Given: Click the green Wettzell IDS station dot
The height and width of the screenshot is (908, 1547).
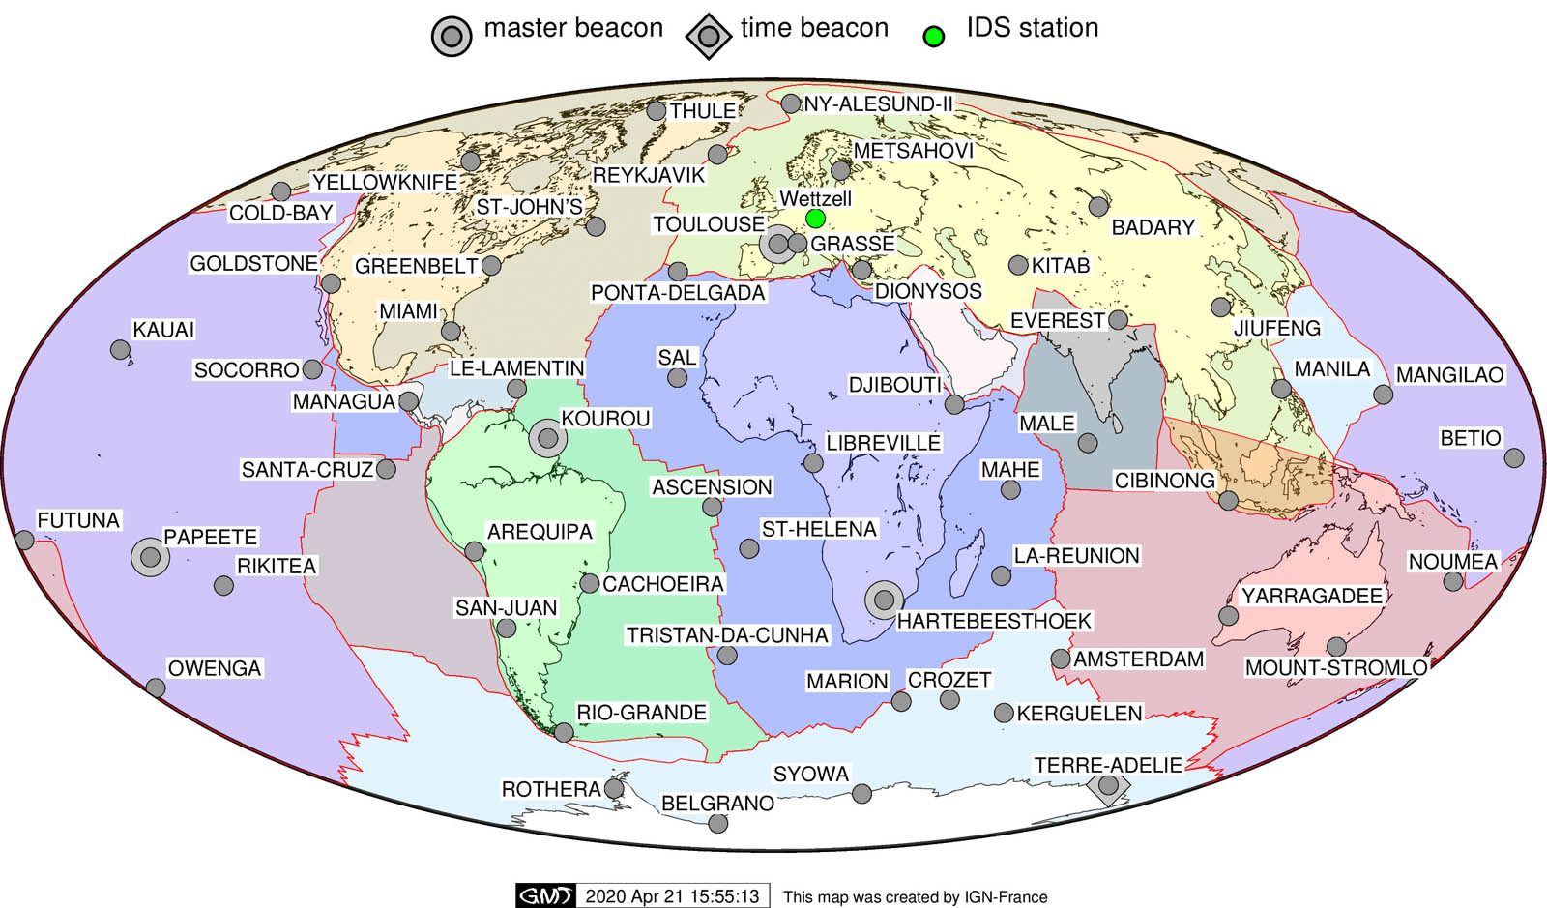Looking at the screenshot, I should tap(815, 219).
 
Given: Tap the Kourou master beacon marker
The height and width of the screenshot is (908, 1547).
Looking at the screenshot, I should tap(548, 439).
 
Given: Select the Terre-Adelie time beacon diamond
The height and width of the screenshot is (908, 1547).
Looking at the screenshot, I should tap(1108, 785).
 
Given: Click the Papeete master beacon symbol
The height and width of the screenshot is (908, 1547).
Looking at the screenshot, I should tap(150, 557).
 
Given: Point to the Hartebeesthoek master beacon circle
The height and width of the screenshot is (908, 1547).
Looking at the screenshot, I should tap(884, 600).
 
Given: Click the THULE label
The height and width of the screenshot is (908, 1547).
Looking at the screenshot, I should tap(703, 111).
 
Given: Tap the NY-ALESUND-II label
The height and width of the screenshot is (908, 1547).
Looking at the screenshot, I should tap(878, 103).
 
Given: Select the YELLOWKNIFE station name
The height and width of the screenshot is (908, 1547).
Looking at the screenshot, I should tap(385, 182).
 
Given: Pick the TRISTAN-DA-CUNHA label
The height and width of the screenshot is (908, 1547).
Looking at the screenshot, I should tap(727, 635).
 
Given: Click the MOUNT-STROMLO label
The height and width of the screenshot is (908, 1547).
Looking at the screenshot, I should tap(1336, 667).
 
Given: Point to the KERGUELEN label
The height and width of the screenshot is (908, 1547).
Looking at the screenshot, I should tap(1079, 714).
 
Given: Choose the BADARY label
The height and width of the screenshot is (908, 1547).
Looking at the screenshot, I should tap(1153, 227).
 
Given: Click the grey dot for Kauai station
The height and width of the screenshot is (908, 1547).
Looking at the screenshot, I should tap(120, 350).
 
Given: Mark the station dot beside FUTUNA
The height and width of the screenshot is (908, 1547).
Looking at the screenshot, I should tap(24, 540).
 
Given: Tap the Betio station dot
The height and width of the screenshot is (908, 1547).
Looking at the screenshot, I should tap(1514, 457).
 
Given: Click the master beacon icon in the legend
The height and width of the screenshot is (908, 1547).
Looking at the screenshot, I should tap(452, 37).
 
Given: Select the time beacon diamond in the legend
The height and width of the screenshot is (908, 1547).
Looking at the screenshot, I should tap(709, 37).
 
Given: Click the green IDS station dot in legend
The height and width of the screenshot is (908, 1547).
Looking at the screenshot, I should tap(933, 37).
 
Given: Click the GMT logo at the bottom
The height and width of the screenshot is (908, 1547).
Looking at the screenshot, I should tap(545, 896).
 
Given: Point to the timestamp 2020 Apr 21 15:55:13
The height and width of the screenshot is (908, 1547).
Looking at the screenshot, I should tap(673, 896).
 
